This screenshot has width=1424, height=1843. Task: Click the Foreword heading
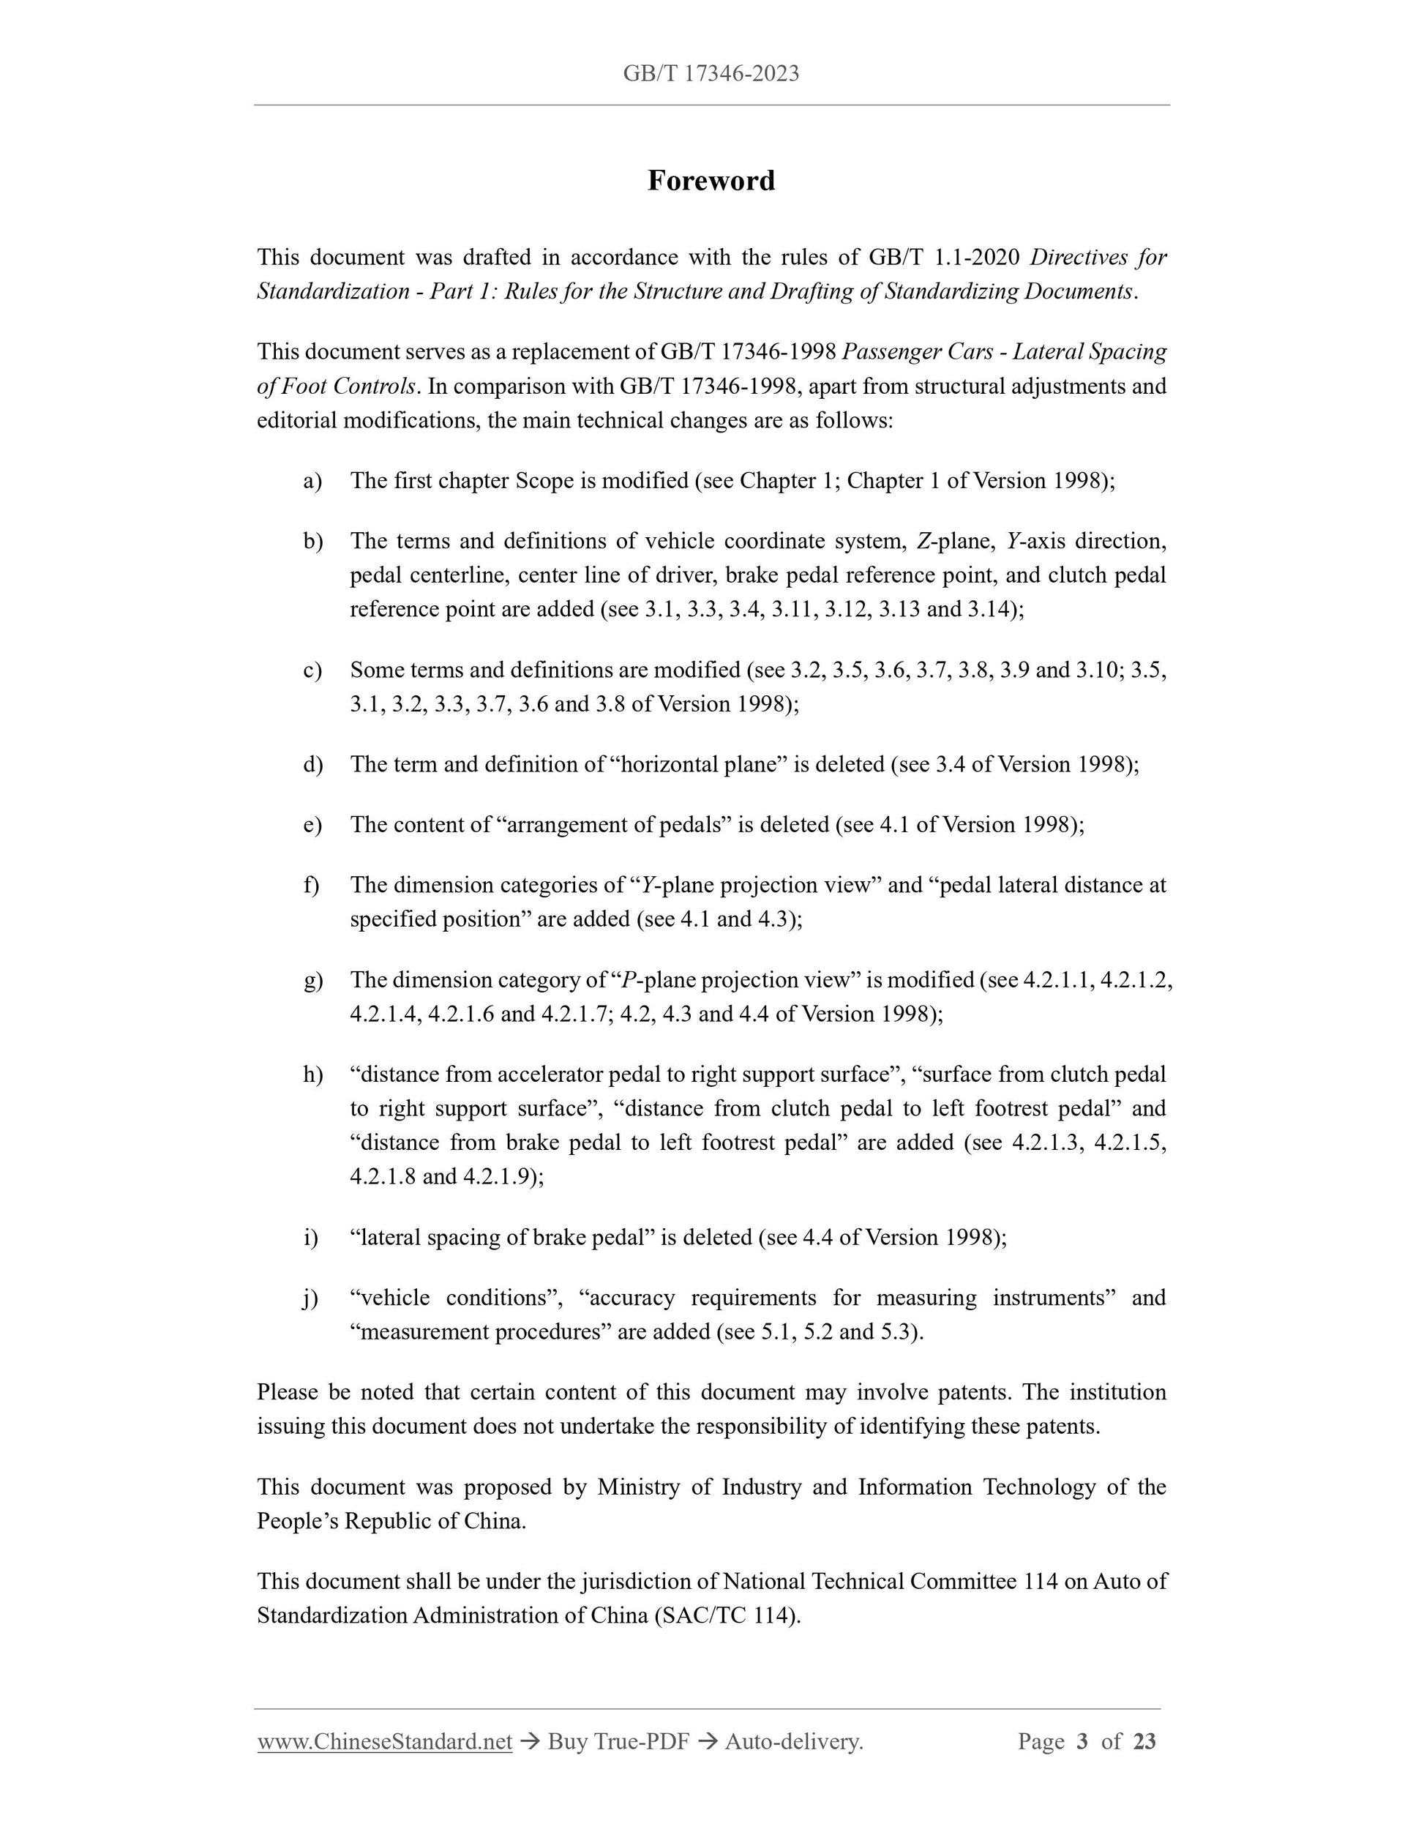click(711, 181)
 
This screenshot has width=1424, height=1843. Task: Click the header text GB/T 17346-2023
click(711, 74)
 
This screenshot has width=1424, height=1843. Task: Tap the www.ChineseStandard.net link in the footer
click(385, 1741)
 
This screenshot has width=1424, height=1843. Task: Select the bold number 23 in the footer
click(1144, 1741)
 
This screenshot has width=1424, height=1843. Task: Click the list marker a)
click(312, 481)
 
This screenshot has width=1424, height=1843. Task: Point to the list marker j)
click(311, 1297)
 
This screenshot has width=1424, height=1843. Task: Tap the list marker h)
click(312, 1074)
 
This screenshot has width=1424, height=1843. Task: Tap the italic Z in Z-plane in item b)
click(922, 541)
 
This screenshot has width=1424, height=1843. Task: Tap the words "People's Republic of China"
click(391, 1521)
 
